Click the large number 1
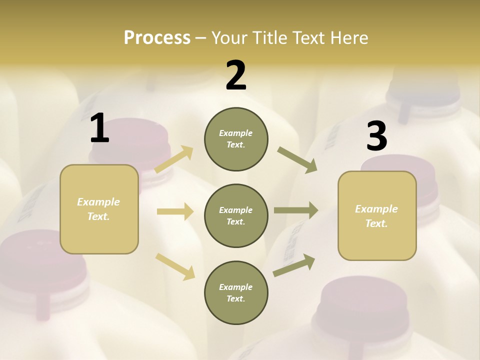(x=99, y=128)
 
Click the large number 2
(x=236, y=75)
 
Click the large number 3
(x=376, y=136)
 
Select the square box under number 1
(x=99, y=209)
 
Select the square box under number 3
(x=377, y=215)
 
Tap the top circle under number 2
(x=236, y=139)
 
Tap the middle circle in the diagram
(x=236, y=215)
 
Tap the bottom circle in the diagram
(x=236, y=292)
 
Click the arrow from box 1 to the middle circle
(x=175, y=211)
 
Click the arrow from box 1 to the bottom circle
(x=175, y=266)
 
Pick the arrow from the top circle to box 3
(x=297, y=160)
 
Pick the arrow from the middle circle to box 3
(x=296, y=210)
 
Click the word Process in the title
(x=157, y=37)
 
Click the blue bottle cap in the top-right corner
(x=425, y=87)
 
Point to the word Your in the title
(x=229, y=37)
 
